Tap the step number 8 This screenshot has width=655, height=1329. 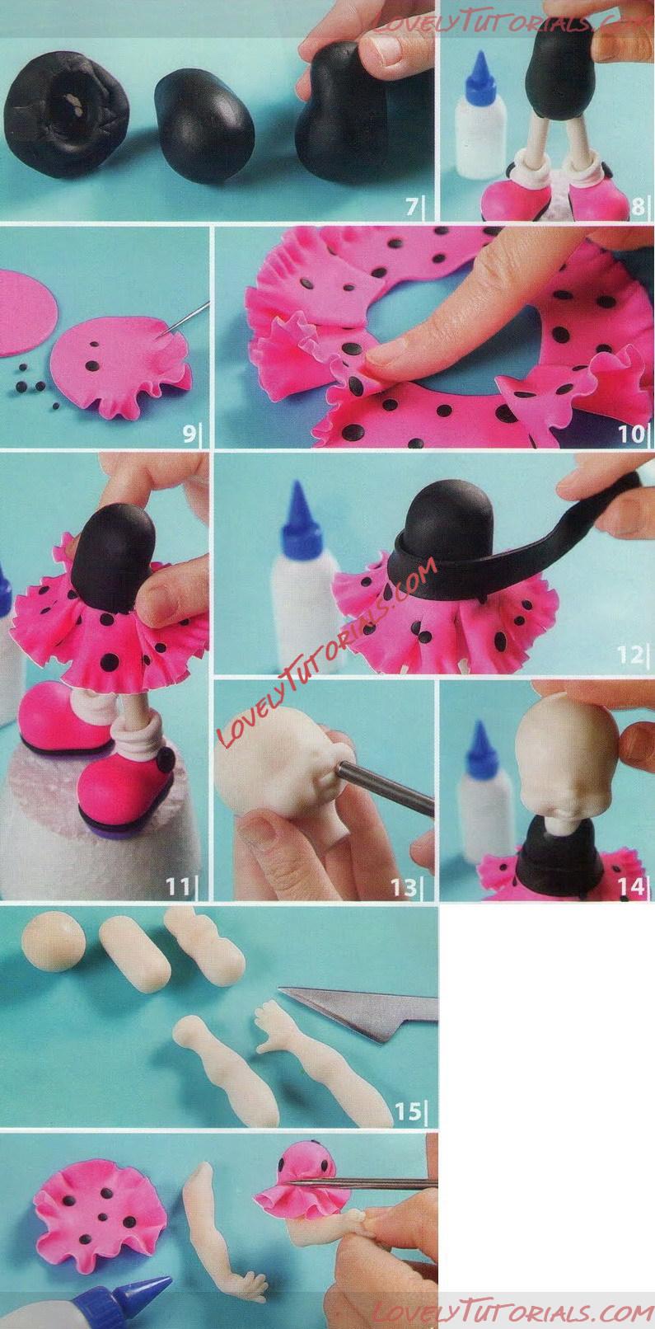coord(637,207)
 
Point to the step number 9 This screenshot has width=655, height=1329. coord(189,434)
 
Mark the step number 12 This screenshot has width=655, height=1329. coord(630,655)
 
